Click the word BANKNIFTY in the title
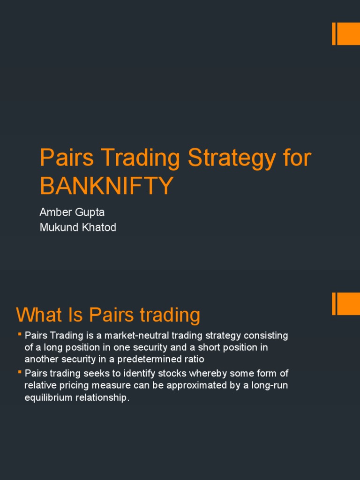107,186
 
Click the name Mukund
60,228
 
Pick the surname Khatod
99,228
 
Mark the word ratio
194,359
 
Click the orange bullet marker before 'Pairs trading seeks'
20,372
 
